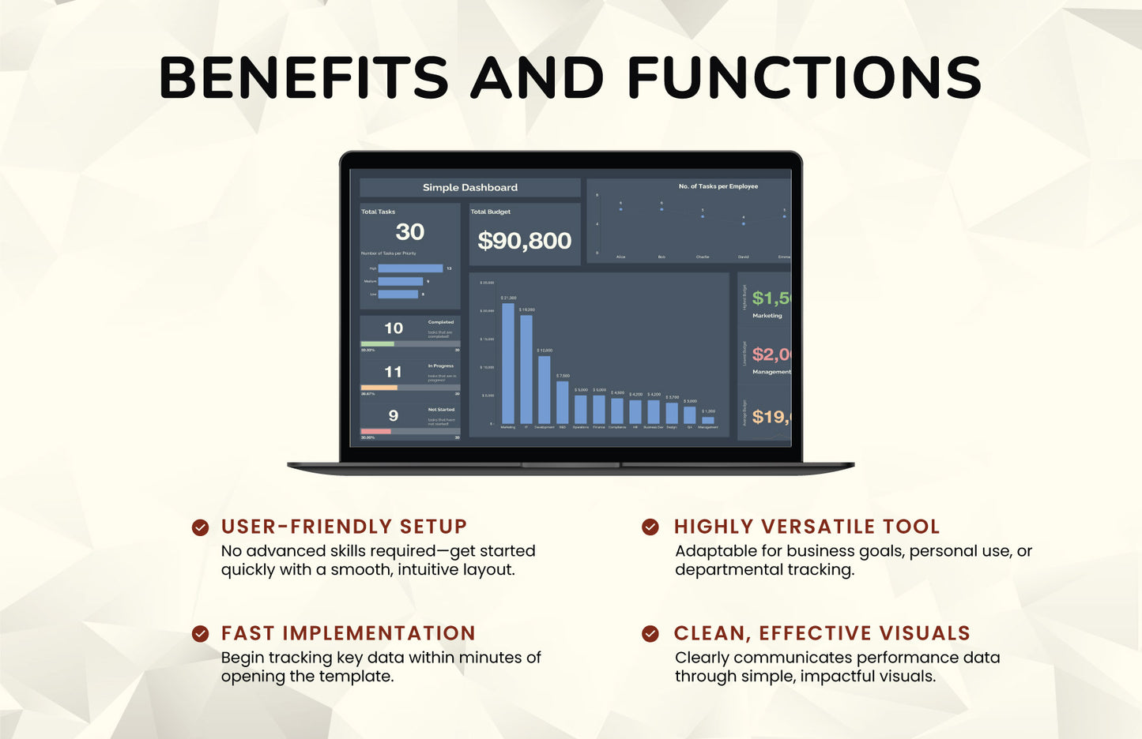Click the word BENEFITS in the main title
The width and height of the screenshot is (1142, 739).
pos(304,77)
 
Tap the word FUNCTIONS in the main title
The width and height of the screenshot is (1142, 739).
pos(805,77)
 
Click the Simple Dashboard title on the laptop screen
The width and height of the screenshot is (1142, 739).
pos(470,187)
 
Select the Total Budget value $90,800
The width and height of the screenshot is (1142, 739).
pos(525,240)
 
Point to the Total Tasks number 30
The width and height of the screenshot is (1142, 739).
pos(410,231)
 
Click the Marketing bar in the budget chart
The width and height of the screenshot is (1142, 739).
pos(508,363)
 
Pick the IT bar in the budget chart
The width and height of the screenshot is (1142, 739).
pos(526,369)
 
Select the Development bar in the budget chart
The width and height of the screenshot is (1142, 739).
pos(545,389)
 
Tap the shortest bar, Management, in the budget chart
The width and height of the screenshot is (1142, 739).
pos(708,420)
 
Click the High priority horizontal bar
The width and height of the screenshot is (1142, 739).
pos(410,268)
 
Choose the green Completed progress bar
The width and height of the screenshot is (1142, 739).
pos(378,343)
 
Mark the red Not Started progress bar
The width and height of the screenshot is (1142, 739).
pos(376,431)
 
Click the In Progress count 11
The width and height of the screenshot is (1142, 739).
pos(393,372)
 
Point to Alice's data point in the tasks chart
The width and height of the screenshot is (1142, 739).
pos(620,209)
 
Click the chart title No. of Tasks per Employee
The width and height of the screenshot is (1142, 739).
pos(718,186)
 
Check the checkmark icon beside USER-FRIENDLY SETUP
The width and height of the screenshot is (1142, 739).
pos(201,527)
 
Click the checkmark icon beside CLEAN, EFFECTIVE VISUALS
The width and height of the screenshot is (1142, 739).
pos(650,633)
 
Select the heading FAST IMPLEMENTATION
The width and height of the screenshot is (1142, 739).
pos(349,633)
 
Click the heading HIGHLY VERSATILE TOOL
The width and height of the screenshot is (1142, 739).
pos(807,527)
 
